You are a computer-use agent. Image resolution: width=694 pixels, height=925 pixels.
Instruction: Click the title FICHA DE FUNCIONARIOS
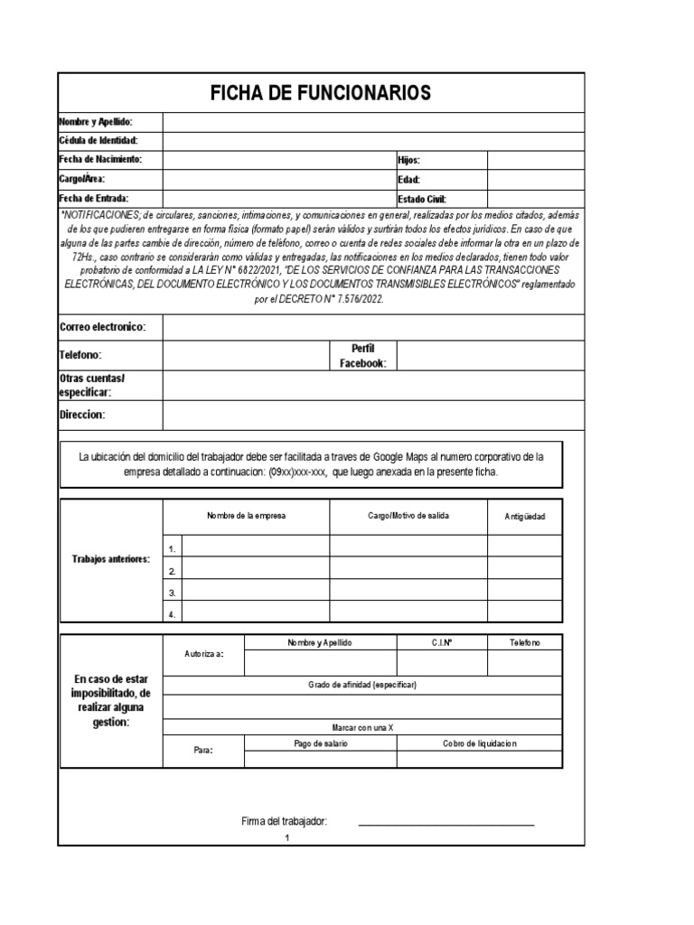pyautogui.click(x=321, y=92)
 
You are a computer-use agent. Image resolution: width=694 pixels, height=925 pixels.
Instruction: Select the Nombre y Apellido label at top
pyautogui.click(x=96, y=121)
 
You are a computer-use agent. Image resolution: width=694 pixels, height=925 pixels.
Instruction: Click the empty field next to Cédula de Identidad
pyautogui.click(x=373, y=141)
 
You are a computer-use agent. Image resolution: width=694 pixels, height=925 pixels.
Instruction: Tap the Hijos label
pyautogui.click(x=409, y=160)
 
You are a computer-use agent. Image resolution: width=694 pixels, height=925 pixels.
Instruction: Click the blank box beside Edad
pyautogui.click(x=536, y=179)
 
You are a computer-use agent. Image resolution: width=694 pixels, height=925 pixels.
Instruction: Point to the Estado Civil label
pyautogui.click(x=422, y=199)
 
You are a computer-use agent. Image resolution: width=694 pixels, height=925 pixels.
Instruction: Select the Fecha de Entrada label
pyautogui.click(x=94, y=198)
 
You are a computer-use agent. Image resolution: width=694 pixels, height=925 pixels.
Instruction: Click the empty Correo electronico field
pyautogui.click(x=373, y=326)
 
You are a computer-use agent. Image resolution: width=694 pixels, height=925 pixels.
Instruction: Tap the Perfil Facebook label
pyautogui.click(x=362, y=356)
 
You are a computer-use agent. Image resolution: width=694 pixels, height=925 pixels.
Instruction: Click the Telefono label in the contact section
pyautogui.click(x=80, y=356)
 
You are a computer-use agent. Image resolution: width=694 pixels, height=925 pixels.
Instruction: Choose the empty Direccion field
pyautogui.click(x=373, y=415)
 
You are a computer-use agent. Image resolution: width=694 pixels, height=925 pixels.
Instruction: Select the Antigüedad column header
pyautogui.click(x=525, y=517)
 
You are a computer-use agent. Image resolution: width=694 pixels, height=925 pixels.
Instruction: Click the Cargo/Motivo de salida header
pyautogui.click(x=408, y=516)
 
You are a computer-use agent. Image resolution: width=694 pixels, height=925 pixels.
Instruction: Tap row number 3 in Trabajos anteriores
pyautogui.click(x=172, y=593)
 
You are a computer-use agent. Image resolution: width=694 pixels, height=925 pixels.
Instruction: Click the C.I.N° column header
pyautogui.click(x=442, y=642)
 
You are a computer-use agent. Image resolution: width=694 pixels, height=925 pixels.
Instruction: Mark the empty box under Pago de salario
pyautogui.click(x=320, y=760)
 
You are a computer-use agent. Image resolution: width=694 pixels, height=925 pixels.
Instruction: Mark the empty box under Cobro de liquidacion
pyautogui.click(x=479, y=760)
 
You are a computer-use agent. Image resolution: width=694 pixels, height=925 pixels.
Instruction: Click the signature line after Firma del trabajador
pyautogui.click(x=445, y=823)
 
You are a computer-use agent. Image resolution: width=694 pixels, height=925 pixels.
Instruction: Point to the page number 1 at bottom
pyautogui.click(x=286, y=838)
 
